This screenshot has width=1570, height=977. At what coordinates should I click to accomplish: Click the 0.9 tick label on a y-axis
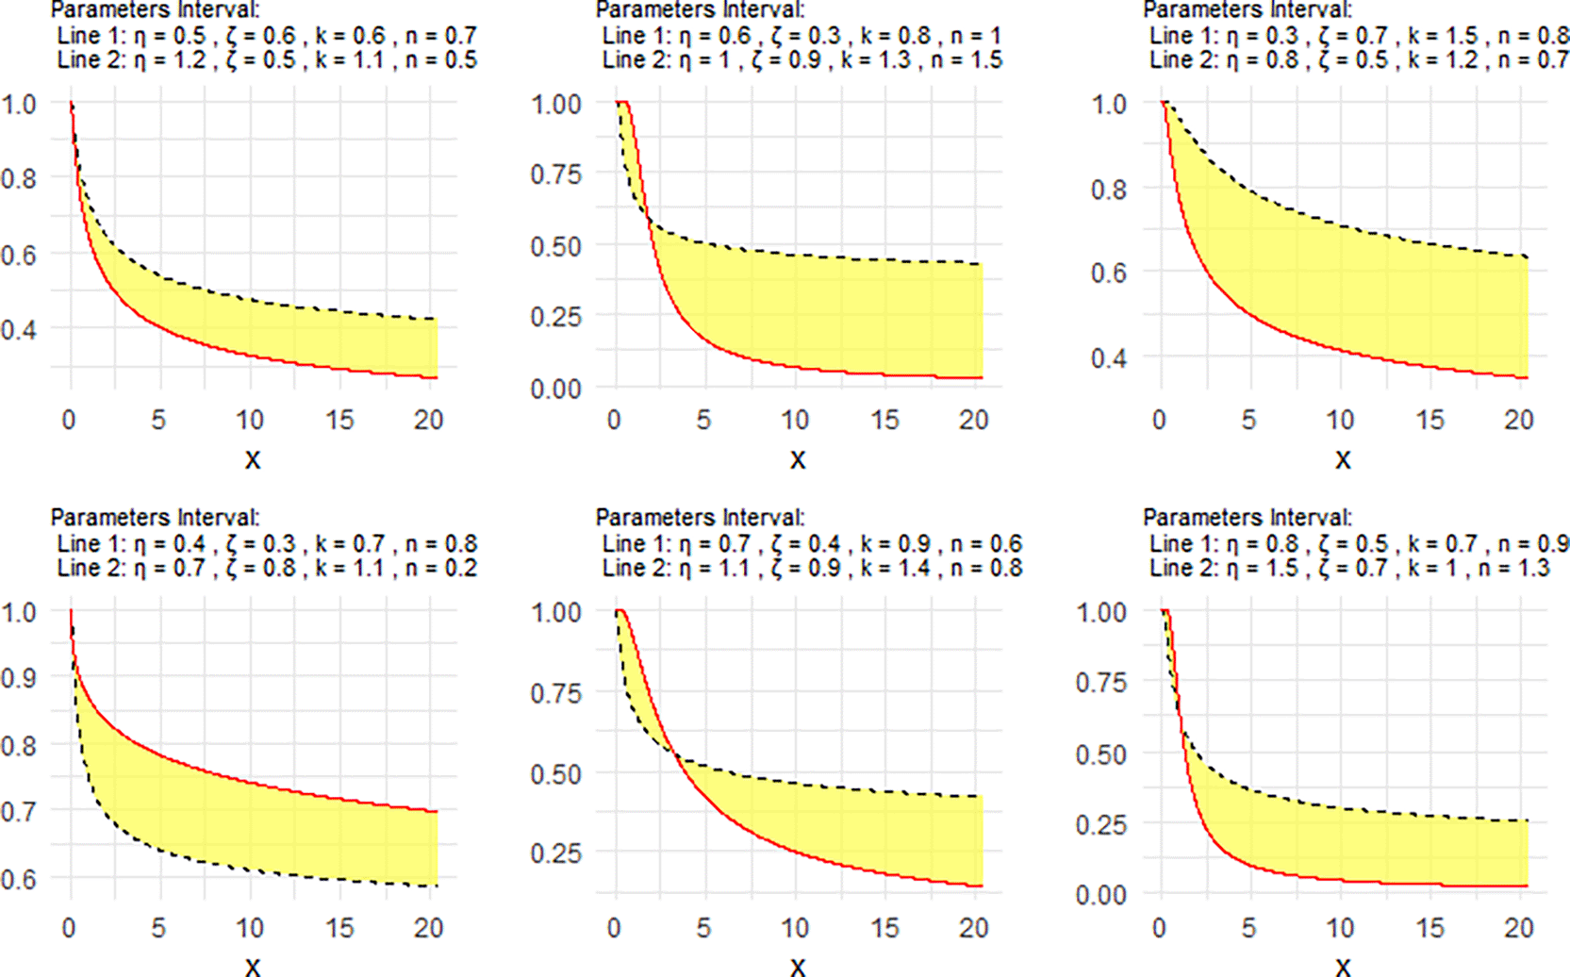coord(19,678)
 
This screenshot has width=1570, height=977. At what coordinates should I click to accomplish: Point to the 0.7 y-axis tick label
coord(19,811)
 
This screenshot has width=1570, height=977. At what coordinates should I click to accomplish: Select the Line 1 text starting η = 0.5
coord(267,36)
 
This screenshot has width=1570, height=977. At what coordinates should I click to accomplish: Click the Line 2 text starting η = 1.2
coord(267,60)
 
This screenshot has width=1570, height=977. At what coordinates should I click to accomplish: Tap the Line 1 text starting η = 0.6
coord(802,36)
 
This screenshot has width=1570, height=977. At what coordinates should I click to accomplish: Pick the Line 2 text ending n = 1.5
coord(802,60)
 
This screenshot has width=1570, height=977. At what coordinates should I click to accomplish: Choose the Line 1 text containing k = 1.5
coord(1358,36)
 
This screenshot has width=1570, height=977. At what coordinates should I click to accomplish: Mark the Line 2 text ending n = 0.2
coord(267,569)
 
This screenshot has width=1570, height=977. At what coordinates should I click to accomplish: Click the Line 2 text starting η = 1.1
coord(812,569)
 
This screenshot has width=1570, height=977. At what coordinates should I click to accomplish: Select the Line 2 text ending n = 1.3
coord(1349,569)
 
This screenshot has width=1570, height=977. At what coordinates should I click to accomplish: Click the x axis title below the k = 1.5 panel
coord(1343,460)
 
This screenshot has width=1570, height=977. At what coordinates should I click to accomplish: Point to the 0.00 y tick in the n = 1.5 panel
coord(555,389)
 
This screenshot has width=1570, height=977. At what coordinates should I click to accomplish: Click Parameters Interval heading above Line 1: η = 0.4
coord(155,518)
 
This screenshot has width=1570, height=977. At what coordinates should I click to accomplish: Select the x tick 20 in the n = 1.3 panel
coord(1518,928)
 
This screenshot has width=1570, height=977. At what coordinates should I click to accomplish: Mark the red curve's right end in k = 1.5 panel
coord(1528,377)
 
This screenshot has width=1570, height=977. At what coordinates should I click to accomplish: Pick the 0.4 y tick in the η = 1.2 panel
coord(19,330)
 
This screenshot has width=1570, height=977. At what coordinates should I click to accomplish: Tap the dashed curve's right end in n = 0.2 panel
coord(438,886)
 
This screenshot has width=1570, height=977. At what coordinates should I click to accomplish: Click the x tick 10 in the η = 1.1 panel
coord(795,928)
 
